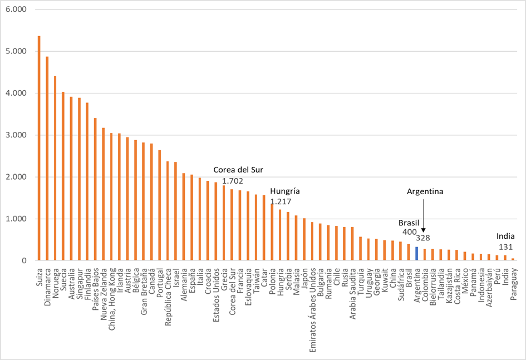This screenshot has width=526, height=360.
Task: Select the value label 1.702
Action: [232, 181]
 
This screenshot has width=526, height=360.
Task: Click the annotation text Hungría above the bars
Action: [284, 190]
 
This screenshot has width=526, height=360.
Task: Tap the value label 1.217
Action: [280, 201]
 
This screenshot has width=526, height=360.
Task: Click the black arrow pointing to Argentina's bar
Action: [423, 217]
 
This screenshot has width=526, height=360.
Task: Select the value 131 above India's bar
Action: [505, 247]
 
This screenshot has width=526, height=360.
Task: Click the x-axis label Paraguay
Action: [513, 284]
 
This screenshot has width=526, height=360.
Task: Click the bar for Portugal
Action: [159, 205]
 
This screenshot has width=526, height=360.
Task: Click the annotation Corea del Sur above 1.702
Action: [239, 170]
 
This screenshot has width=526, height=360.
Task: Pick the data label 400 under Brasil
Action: [409, 231]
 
